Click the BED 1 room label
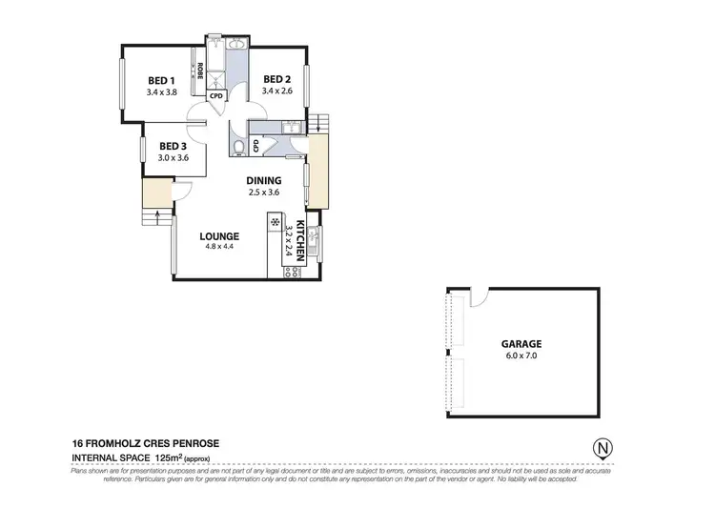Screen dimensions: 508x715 [160, 80]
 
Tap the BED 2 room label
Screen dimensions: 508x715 [276, 79]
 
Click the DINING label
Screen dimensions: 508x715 [263, 180]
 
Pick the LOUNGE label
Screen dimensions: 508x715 [218, 236]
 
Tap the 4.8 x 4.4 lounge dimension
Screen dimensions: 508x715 [218, 247]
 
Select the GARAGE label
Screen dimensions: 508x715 [521, 342]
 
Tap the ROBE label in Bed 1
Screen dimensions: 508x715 [200, 71]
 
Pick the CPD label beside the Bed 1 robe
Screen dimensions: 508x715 [215, 95]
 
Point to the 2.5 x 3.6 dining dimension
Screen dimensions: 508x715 [263, 192]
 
